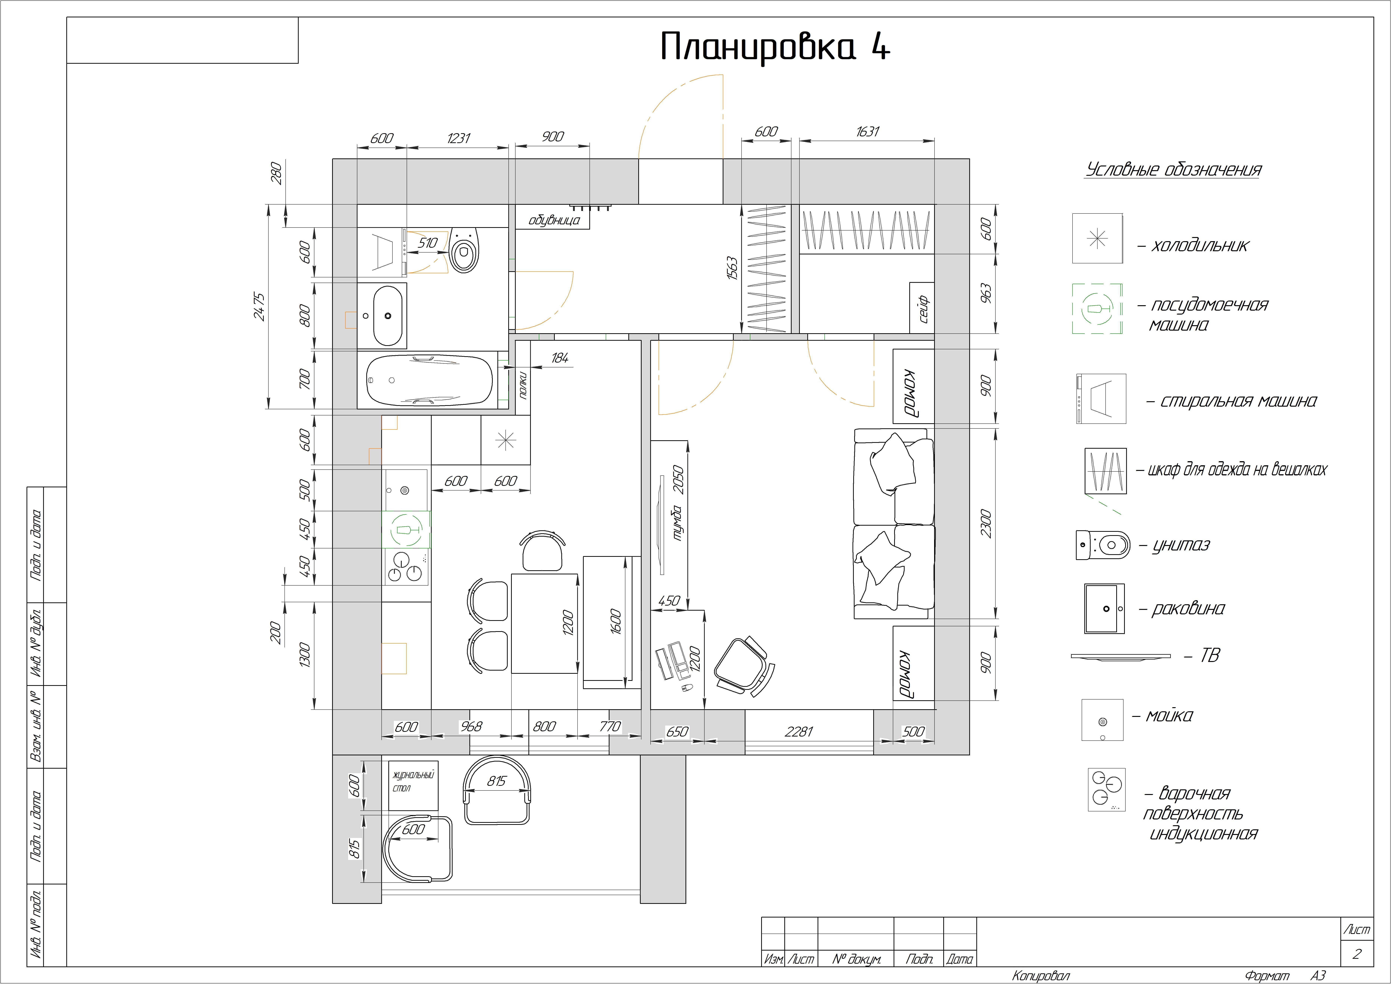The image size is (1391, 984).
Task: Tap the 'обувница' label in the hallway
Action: (x=554, y=220)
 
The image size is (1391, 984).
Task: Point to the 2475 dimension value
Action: (x=259, y=307)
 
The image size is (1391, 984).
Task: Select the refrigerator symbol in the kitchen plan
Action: (x=505, y=440)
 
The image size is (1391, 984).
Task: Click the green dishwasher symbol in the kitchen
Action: (x=406, y=530)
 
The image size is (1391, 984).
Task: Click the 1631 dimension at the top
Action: (x=867, y=131)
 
